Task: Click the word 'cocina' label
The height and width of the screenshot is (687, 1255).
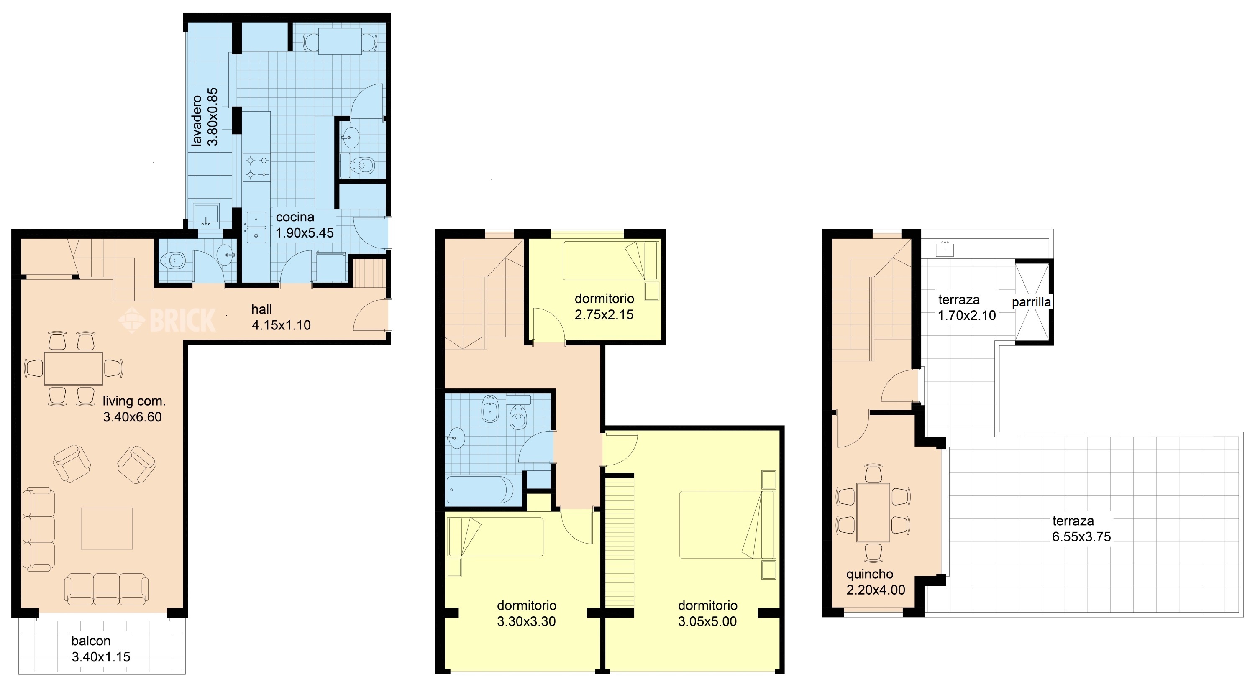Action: point(295,217)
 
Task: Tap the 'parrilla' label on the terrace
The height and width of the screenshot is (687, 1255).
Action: point(1031,302)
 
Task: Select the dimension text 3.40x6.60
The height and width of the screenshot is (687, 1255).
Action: point(133,417)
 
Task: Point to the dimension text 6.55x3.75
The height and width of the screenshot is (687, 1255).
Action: point(1081,537)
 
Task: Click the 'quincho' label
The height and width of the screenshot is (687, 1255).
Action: point(870,575)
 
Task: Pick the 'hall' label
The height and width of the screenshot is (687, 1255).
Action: point(261,309)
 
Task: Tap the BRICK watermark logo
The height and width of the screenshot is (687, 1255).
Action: point(167,320)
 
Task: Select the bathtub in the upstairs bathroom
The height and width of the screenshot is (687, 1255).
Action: point(480,489)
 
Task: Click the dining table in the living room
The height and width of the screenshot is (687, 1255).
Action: point(73,368)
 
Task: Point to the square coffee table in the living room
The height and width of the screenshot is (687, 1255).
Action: point(107,528)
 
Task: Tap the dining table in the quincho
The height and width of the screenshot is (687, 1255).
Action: point(873,512)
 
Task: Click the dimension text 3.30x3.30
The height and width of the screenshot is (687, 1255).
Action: point(526,622)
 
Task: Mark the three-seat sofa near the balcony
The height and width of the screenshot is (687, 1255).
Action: point(107,589)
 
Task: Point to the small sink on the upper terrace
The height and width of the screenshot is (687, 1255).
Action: point(945,248)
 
